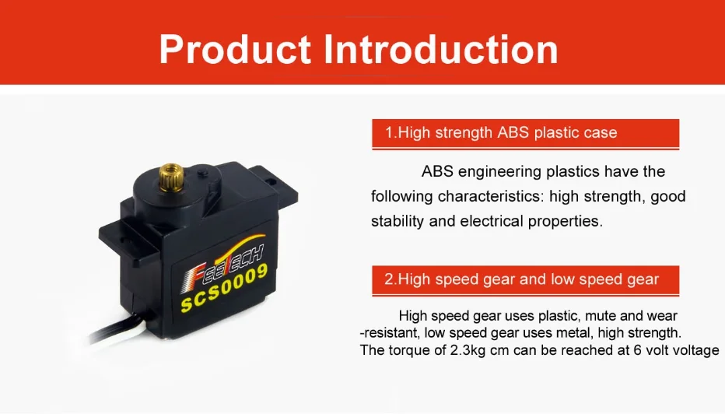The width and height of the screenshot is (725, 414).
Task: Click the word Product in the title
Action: [x=235, y=50]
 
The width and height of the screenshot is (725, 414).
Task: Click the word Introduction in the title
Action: [x=440, y=50]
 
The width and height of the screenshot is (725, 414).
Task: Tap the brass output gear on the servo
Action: [x=172, y=177]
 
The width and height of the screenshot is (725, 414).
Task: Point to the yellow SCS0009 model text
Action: [x=224, y=288]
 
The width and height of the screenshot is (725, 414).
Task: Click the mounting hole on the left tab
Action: [x=124, y=240]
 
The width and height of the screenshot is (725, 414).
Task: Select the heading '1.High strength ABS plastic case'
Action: [x=501, y=133]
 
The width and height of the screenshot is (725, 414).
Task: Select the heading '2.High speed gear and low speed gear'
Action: [x=521, y=279]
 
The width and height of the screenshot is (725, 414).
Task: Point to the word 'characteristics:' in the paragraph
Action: [x=491, y=196]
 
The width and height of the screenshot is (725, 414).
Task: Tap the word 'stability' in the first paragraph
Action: [x=398, y=221]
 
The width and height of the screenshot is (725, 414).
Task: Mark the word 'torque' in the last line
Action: [x=410, y=351]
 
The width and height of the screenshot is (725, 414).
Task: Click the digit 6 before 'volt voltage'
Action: [x=637, y=350]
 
